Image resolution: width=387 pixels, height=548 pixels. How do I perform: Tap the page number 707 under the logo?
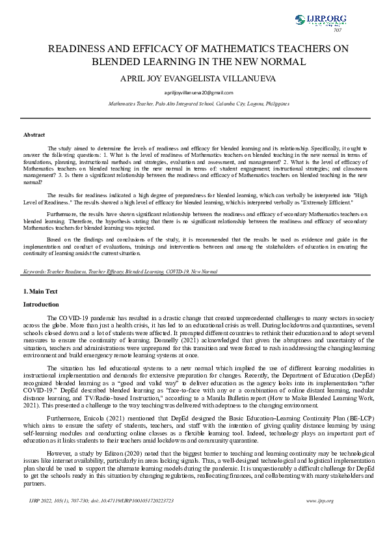tap(338, 30)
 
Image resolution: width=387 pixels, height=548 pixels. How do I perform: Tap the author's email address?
tap(193, 93)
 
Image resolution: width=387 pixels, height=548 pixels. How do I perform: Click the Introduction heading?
tap(41, 305)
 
